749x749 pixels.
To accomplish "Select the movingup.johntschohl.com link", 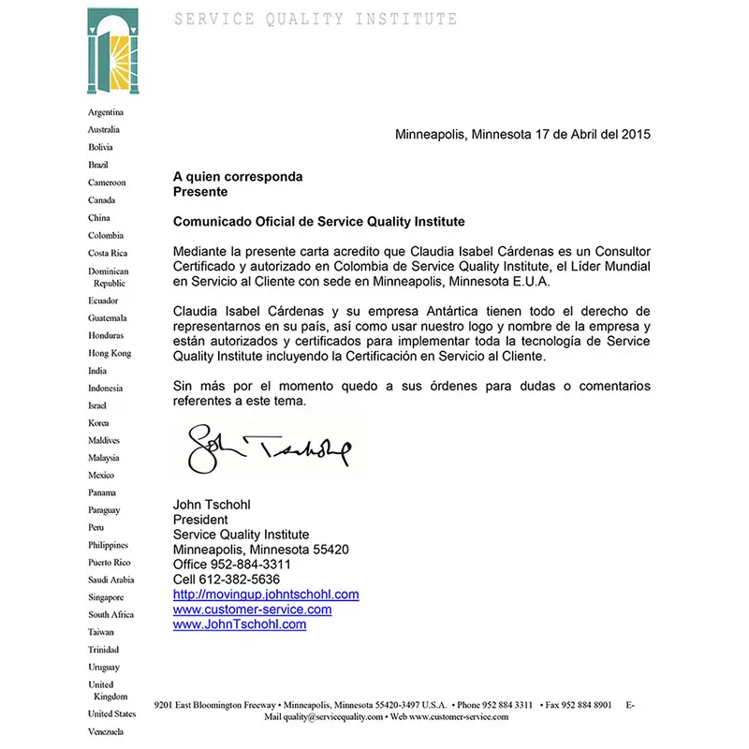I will point(266,595).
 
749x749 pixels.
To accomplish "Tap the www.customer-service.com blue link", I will point(252,609).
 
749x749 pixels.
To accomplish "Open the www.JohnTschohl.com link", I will point(240,624).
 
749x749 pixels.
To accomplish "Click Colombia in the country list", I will point(106,236).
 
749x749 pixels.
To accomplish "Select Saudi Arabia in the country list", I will point(111,580).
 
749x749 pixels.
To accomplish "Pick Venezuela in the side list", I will point(106,731).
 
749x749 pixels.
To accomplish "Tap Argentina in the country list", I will point(106,112).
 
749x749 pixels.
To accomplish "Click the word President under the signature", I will point(200,520).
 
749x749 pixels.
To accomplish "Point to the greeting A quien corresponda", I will point(238,176).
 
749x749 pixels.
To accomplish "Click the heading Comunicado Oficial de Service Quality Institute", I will point(319,222).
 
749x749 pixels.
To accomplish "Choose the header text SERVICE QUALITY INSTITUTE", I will point(316,20).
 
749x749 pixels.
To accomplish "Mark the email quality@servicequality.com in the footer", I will point(324,717).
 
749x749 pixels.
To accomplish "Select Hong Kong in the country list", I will point(110,353).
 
